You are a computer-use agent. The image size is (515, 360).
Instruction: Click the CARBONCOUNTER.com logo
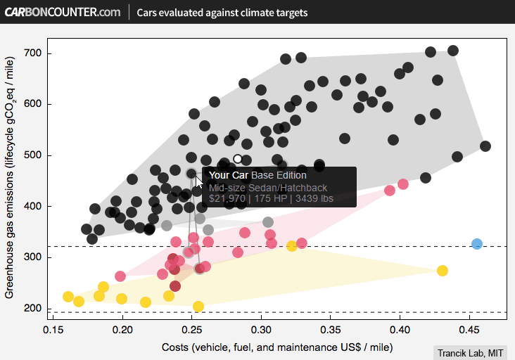(63, 12)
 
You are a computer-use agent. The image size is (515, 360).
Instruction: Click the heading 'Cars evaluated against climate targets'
(222, 13)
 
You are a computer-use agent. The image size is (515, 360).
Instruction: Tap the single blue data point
(477, 244)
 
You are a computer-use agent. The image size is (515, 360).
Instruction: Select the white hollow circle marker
(238, 159)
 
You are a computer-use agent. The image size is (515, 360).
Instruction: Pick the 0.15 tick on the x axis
(54, 329)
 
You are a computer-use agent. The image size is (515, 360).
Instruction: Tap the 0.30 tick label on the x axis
(262, 329)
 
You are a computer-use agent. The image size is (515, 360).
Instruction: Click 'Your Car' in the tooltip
(228, 175)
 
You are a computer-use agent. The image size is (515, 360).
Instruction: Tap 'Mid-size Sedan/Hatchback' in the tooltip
(268, 188)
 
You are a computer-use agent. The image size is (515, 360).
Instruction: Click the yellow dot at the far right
(443, 271)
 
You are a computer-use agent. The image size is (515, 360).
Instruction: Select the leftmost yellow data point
(68, 297)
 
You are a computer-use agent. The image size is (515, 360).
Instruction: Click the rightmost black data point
(485, 146)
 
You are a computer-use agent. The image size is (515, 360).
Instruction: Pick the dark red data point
(175, 285)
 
